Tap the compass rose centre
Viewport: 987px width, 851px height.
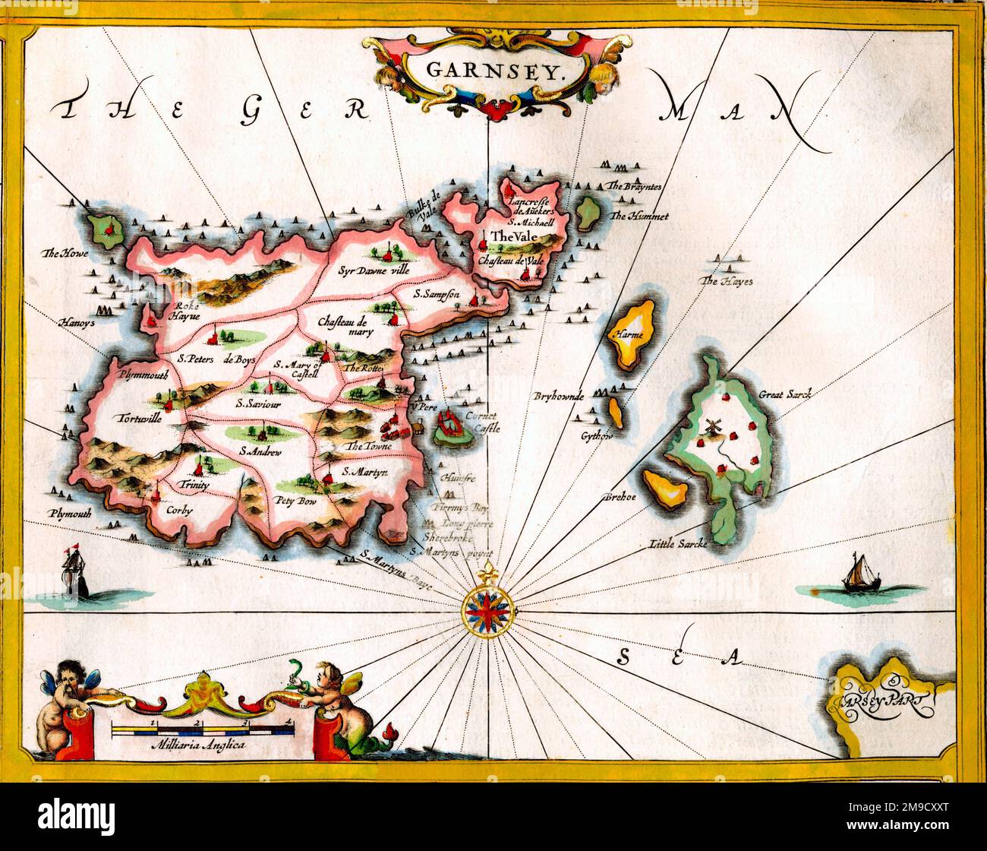[x=489, y=609]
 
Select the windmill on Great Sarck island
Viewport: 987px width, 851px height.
[x=711, y=428]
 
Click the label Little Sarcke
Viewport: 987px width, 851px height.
[x=678, y=543]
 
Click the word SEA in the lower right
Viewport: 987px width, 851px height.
[x=678, y=656]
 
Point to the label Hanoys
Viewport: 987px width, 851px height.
[x=78, y=323]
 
